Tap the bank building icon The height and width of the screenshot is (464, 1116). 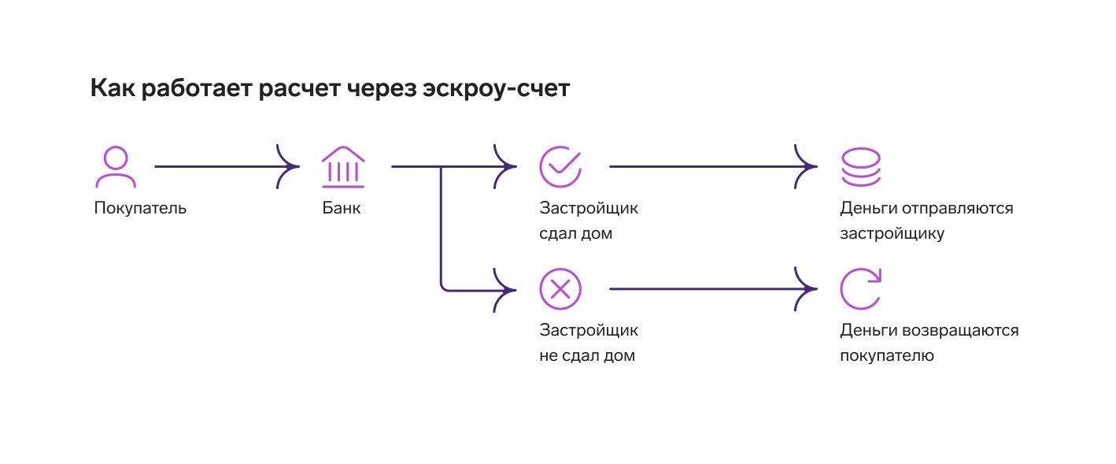(343, 167)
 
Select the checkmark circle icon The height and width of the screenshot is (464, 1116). (560, 167)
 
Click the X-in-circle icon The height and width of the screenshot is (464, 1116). (560, 289)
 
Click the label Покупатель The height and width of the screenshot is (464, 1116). (140, 208)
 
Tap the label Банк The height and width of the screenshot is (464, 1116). (342, 207)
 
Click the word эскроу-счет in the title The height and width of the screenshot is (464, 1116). (497, 89)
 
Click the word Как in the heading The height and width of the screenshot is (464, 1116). (113, 87)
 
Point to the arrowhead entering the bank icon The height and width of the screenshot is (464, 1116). (288, 167)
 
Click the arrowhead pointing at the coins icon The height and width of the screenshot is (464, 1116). (806, 167)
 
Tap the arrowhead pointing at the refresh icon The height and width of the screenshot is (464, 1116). (806, 289)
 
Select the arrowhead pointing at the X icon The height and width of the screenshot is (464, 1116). (504, 290)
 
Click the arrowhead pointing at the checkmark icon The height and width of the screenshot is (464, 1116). (504, 167)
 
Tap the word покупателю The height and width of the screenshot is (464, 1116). (887, 356)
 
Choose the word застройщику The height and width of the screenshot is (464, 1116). (892, 234)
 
